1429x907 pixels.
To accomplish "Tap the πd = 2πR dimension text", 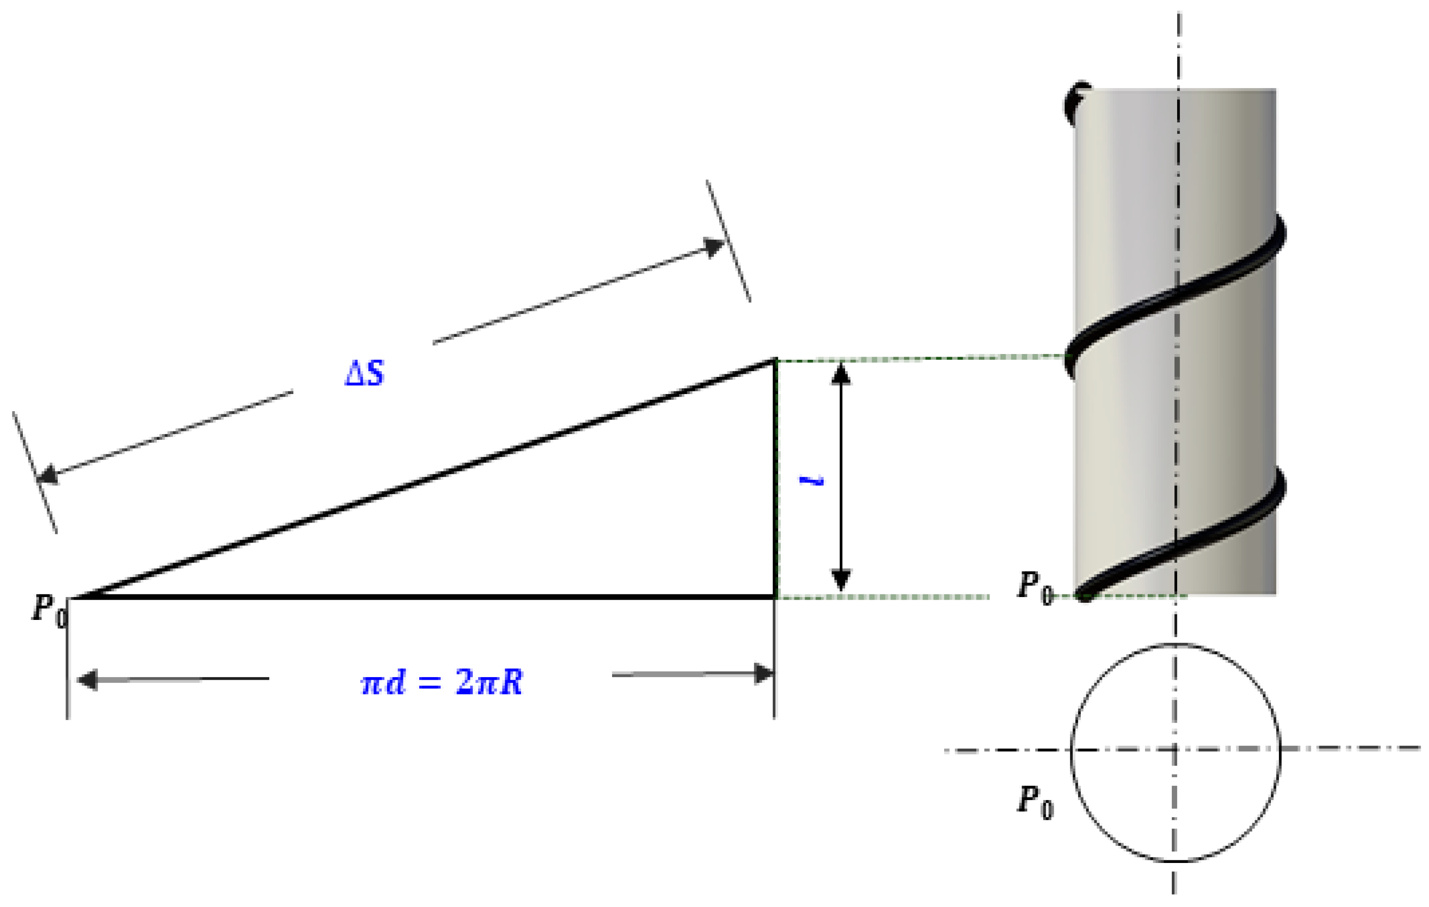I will point(442,682).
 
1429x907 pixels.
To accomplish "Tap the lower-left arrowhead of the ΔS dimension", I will point(48,475).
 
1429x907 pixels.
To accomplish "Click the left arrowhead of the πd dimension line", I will point(87,680).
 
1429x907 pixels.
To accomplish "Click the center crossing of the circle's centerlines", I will point(1174,750).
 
